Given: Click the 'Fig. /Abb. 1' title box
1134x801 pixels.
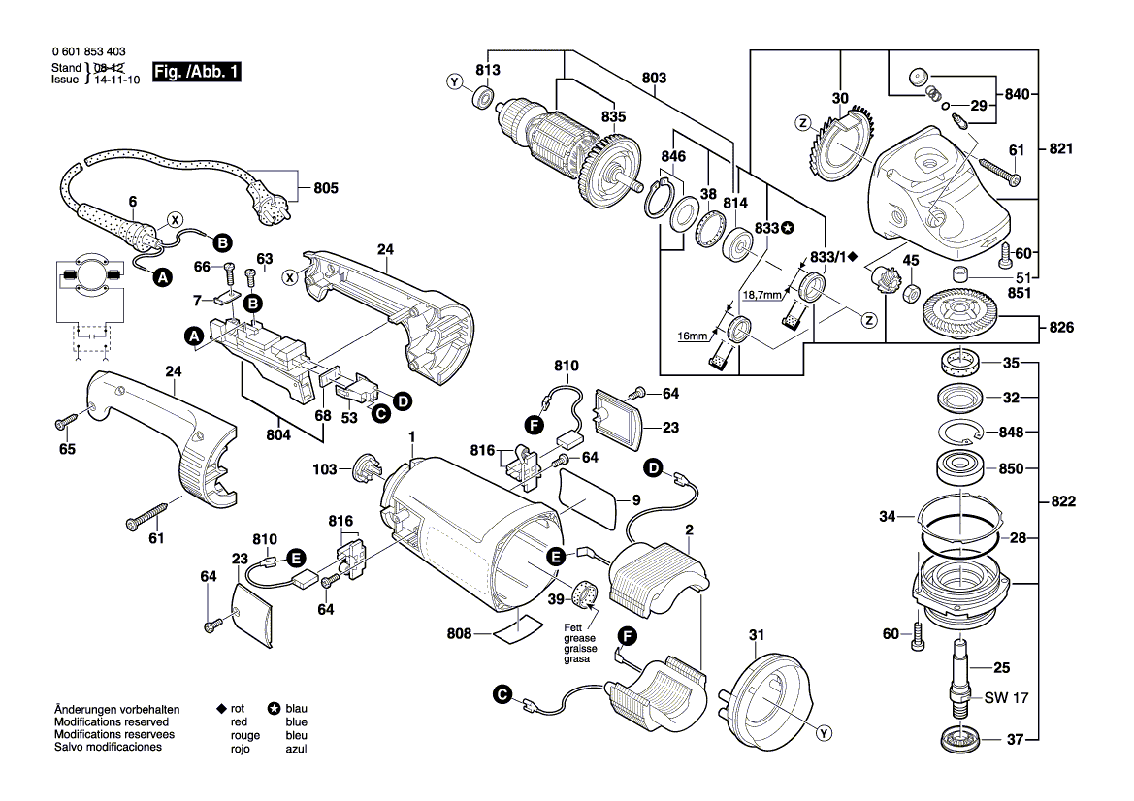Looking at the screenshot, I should (197, 74).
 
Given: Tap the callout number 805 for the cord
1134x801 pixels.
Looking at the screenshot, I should (325, 188).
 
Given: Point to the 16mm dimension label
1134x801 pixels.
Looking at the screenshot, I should (693, 336).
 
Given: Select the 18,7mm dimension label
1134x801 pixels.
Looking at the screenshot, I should (763, 294).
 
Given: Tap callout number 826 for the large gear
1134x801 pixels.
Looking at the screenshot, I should (1060, 328).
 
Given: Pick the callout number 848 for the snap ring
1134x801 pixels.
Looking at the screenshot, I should (1012, 432).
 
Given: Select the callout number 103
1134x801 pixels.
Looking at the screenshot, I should (325, 469).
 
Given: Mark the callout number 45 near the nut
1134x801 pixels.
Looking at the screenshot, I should (910, 260).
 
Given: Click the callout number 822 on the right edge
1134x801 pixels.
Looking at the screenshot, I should (1060, 503).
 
